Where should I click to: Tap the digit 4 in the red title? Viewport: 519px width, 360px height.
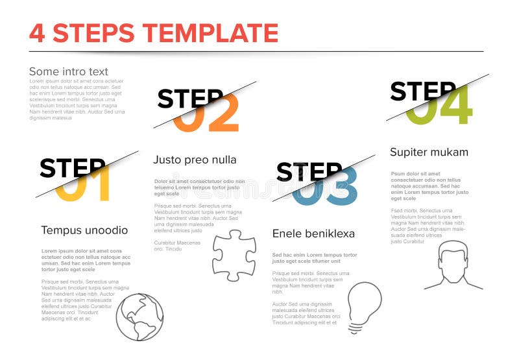pyautogui.click(x=38, y=33)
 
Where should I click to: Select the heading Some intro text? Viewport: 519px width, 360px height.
pyautogui.click(x=68, y=71)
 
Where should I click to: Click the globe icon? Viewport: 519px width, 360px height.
pyautogui.click(x=139, y=317)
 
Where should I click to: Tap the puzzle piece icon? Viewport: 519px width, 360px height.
pyautogui.click(x=234, y=255)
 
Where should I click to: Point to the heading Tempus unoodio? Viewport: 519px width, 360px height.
pyautogui.click(x=84, y=230)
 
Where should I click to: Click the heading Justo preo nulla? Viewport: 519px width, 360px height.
pyautogui.click(x=195, y=160)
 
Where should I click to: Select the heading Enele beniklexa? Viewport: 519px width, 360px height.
pyautogui.click(x=313, y=234)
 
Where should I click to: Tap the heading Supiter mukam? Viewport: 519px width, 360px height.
pyautogui.click(x=429, y=152)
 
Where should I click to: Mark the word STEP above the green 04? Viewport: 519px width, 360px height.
pyautogui.click(x=422, y=91)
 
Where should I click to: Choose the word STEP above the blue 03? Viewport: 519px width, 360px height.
pyautogui.click(x=308, y=171)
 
